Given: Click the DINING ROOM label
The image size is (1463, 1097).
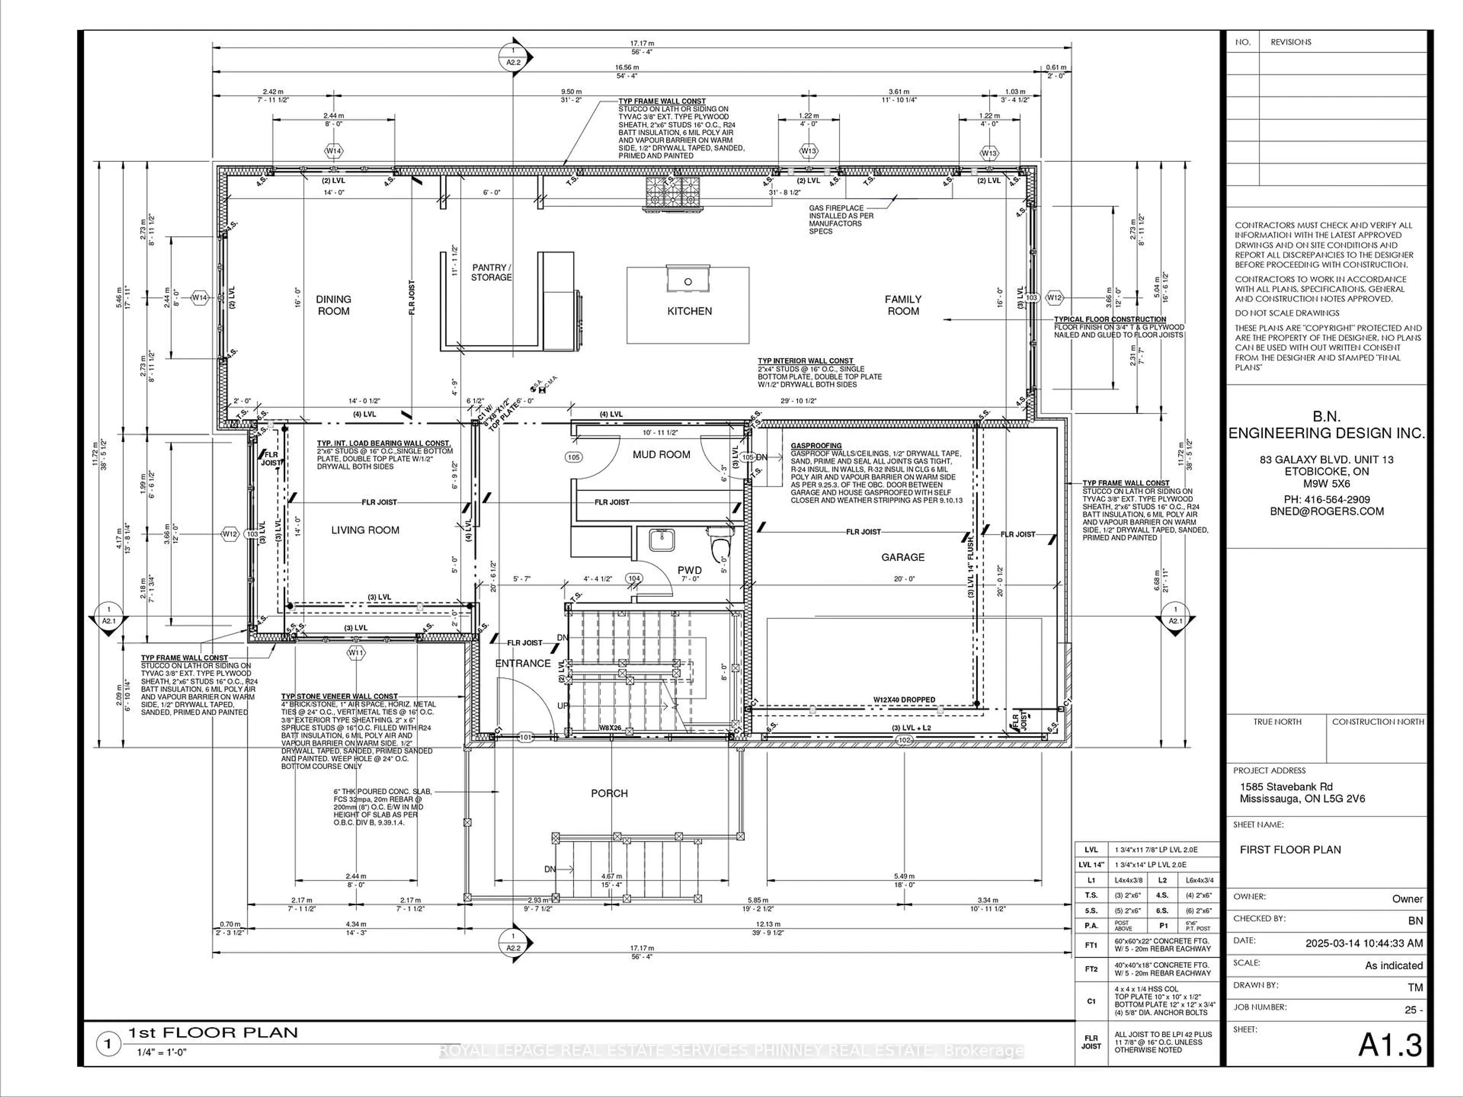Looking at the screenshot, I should click(x=333, y=305).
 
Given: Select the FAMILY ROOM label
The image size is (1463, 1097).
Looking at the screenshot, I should click(x=903, y=305).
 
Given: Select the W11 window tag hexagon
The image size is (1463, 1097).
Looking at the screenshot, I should click(x=356, y=652).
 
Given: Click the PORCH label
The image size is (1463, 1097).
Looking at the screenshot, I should click(x=609, y=793).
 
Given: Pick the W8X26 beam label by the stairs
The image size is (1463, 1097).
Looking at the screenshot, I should click(x=610, y=728).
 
